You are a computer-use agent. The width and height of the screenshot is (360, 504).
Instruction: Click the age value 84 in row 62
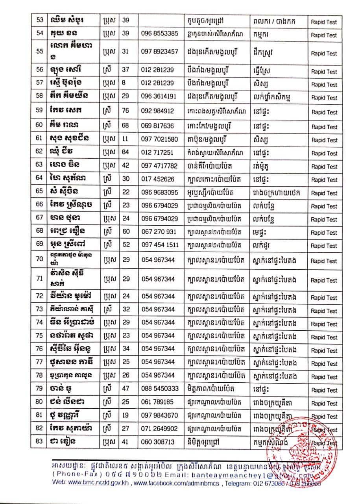click(x=126, y=153)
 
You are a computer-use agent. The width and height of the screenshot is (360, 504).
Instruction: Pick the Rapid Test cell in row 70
click(x=324, y=261)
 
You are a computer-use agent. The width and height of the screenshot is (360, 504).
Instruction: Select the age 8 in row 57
click(x=124, y=84)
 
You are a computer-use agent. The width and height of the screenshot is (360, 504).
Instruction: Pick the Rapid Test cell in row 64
click(x=324, y=180)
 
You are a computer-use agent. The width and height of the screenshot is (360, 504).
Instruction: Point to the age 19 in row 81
click(x=126, y=415)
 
